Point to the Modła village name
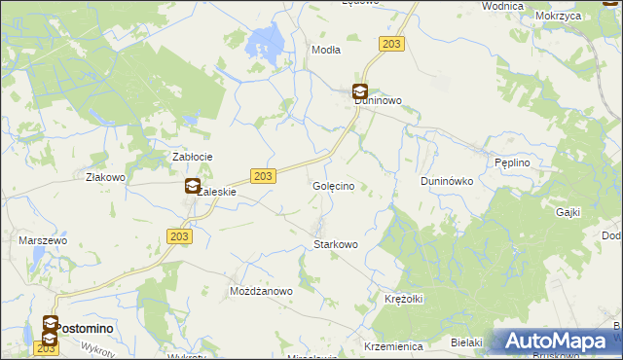[x=325, y=49]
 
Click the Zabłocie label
[x=193, y=157]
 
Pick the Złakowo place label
[x=106, y=178]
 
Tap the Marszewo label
[x=42, y=239]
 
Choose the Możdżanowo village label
[x=261, y=291]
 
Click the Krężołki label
[x=403, y=298]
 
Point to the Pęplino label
[x=512, y=162]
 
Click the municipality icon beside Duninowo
[x=359, y=92]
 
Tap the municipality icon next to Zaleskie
[x=193, y=187]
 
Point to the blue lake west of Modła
[x=265, y=42]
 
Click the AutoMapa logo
[x=557, y=341]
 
